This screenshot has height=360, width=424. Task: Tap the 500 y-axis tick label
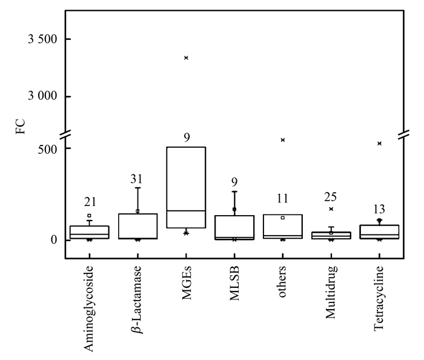click(x=47, y=148)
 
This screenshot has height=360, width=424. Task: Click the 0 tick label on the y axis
click(x=54, y=240)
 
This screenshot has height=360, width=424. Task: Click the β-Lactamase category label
click(x=138, y=300)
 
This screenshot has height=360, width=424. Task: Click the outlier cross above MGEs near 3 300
click(x=186, y=58)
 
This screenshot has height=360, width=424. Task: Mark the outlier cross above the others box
click(x=283, y=140)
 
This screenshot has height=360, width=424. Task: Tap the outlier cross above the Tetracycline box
click(x=379, y=144)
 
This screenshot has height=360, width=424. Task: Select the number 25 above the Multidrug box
click(x=331, y=197)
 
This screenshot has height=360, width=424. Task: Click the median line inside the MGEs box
click(x=186, y=210)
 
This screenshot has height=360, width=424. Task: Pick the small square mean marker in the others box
click(x=283, y=218)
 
